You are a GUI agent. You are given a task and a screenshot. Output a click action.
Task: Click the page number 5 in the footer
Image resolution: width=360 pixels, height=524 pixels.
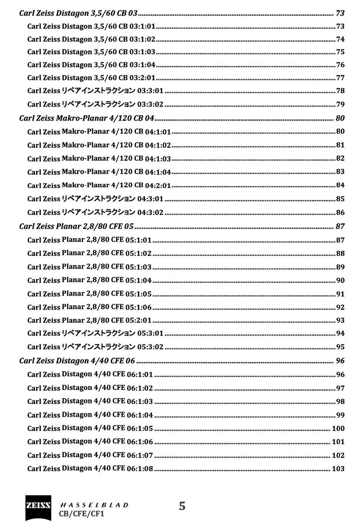(x=182, y=506)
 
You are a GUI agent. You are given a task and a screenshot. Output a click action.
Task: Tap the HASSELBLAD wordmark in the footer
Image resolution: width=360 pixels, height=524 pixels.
(x=94, y=505)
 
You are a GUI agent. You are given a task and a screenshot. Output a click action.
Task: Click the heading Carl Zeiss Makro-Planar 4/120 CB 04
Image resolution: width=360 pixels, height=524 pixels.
(x=87, y=118)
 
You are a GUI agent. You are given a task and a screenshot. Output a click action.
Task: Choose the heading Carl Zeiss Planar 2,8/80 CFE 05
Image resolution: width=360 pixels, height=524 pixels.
(x=76, y=226)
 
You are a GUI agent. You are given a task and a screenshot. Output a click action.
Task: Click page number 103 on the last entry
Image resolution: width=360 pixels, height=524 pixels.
(x=338, y=469)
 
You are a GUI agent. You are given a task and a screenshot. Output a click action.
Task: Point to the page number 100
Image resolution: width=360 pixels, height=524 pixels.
(x=338, y=428)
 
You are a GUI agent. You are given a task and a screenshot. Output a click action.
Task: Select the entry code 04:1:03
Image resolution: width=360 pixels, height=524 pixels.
(x=158, y=159)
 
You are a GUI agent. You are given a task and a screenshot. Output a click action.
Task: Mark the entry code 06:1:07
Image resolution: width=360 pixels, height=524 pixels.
(x=140, y=455)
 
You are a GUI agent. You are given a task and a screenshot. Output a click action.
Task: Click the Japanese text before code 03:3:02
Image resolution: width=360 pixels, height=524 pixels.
(x=98, y=104)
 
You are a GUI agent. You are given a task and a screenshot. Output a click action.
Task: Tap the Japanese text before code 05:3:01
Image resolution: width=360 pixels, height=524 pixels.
(x=98, y=334)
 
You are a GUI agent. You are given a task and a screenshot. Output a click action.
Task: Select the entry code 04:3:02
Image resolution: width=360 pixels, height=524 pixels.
(x=150, y=213)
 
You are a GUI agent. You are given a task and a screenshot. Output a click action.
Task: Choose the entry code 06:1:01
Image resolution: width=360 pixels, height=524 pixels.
(x=140, y=374)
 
